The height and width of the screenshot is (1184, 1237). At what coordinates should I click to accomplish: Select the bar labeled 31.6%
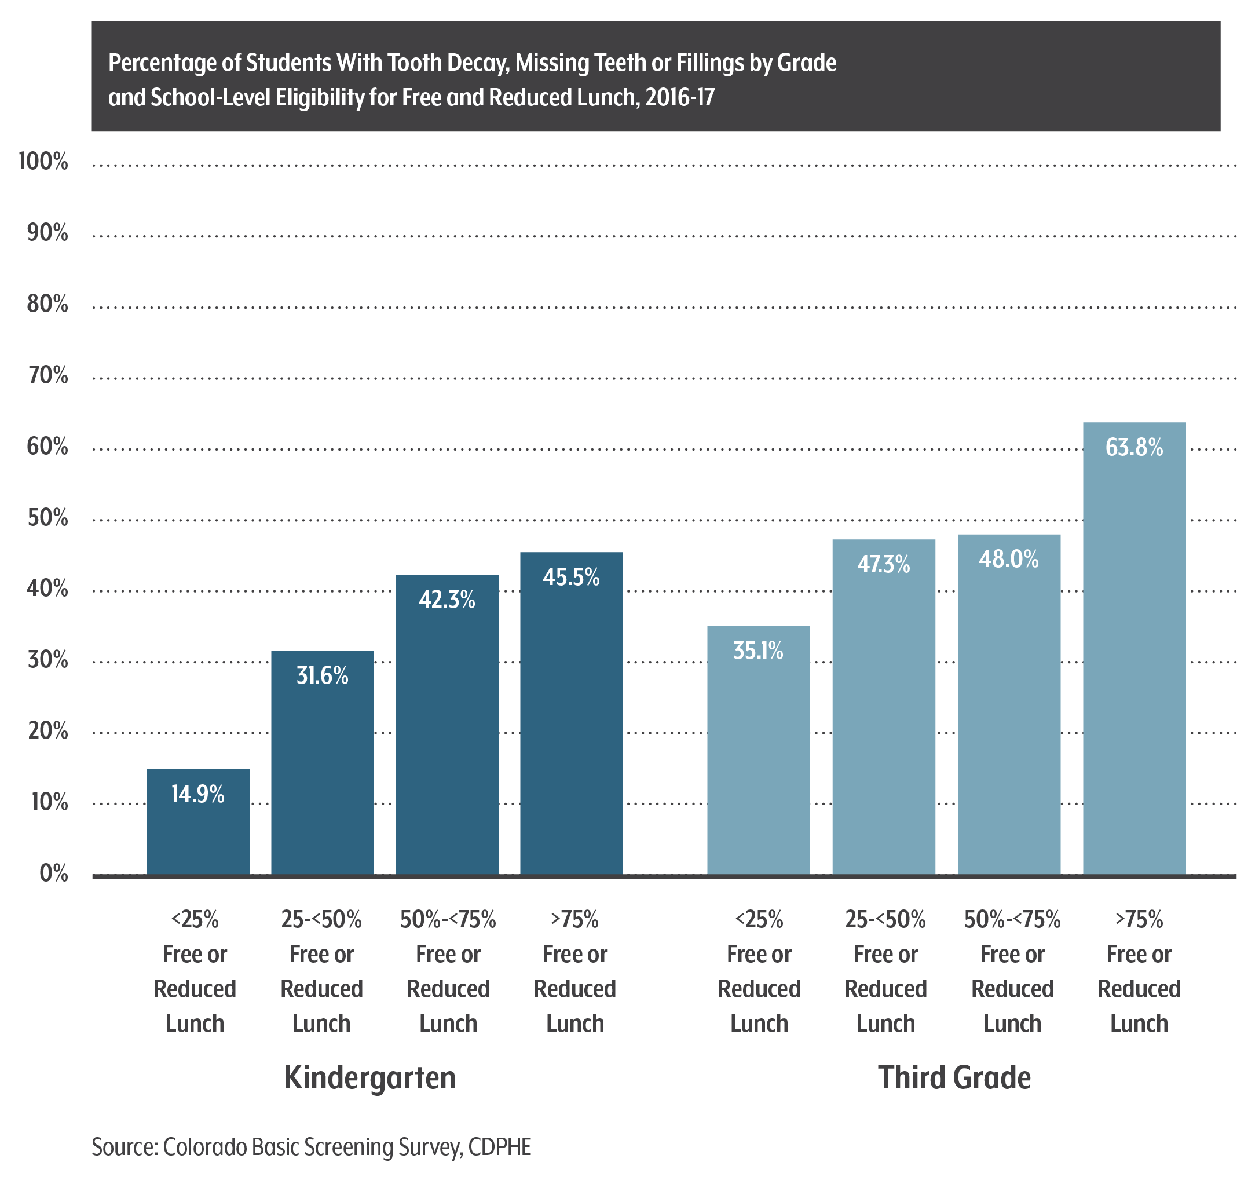[322, 763]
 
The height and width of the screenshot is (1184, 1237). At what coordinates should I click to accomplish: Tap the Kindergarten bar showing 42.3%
[447, 726]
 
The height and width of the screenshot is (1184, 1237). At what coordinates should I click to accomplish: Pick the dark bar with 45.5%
[571, 713]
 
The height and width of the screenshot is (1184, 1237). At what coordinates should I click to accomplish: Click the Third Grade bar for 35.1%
[758, 751]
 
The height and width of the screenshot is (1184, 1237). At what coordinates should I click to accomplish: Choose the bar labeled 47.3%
[884, 707]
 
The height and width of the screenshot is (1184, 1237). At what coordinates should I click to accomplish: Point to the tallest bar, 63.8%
[1134, 650]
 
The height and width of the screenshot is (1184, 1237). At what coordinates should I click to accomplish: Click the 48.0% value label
[1008, 559]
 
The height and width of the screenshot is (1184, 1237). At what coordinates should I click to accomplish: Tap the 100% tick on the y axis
[43, 162]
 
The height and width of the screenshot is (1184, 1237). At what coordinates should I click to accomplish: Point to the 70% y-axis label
[47, 375]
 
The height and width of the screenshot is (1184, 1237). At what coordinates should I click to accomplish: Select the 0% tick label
[54, 874]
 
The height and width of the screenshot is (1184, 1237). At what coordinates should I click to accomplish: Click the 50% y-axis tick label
[47, 518]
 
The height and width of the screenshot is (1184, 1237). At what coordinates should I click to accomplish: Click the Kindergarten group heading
[370, 1078]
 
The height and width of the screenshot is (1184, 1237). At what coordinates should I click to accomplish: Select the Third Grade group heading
[954, 1078]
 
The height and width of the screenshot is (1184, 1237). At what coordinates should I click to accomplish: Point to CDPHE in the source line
[500, 1147]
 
